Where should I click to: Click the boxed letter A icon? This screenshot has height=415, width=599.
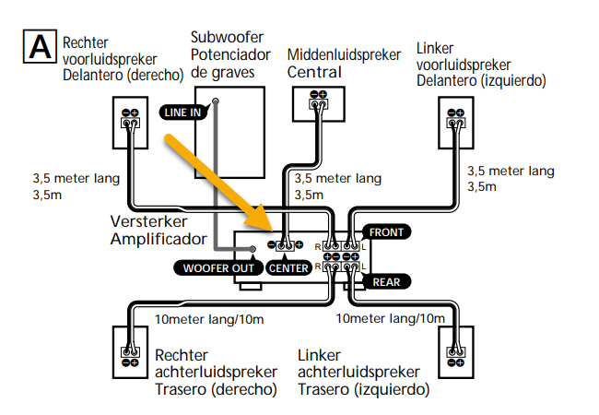pyautogui.click(x=41, y=47)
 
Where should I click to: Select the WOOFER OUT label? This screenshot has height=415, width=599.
pyautogui.click(x=217, y=268)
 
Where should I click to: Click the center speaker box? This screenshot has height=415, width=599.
pyautogui.click(x=318, y=103)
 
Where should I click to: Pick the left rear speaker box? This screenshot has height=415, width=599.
pyautogui.click(x=453, y=353)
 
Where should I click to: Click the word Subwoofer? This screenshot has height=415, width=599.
pyautogui.click(x=227, y=38)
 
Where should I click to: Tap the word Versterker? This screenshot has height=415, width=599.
pyautogui.click(x=149, y=222)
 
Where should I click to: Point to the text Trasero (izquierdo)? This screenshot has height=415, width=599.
pyautogui.click(x=363, y=389)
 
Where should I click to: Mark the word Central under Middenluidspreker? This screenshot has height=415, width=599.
pyautogui.click(x=313, y=72)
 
